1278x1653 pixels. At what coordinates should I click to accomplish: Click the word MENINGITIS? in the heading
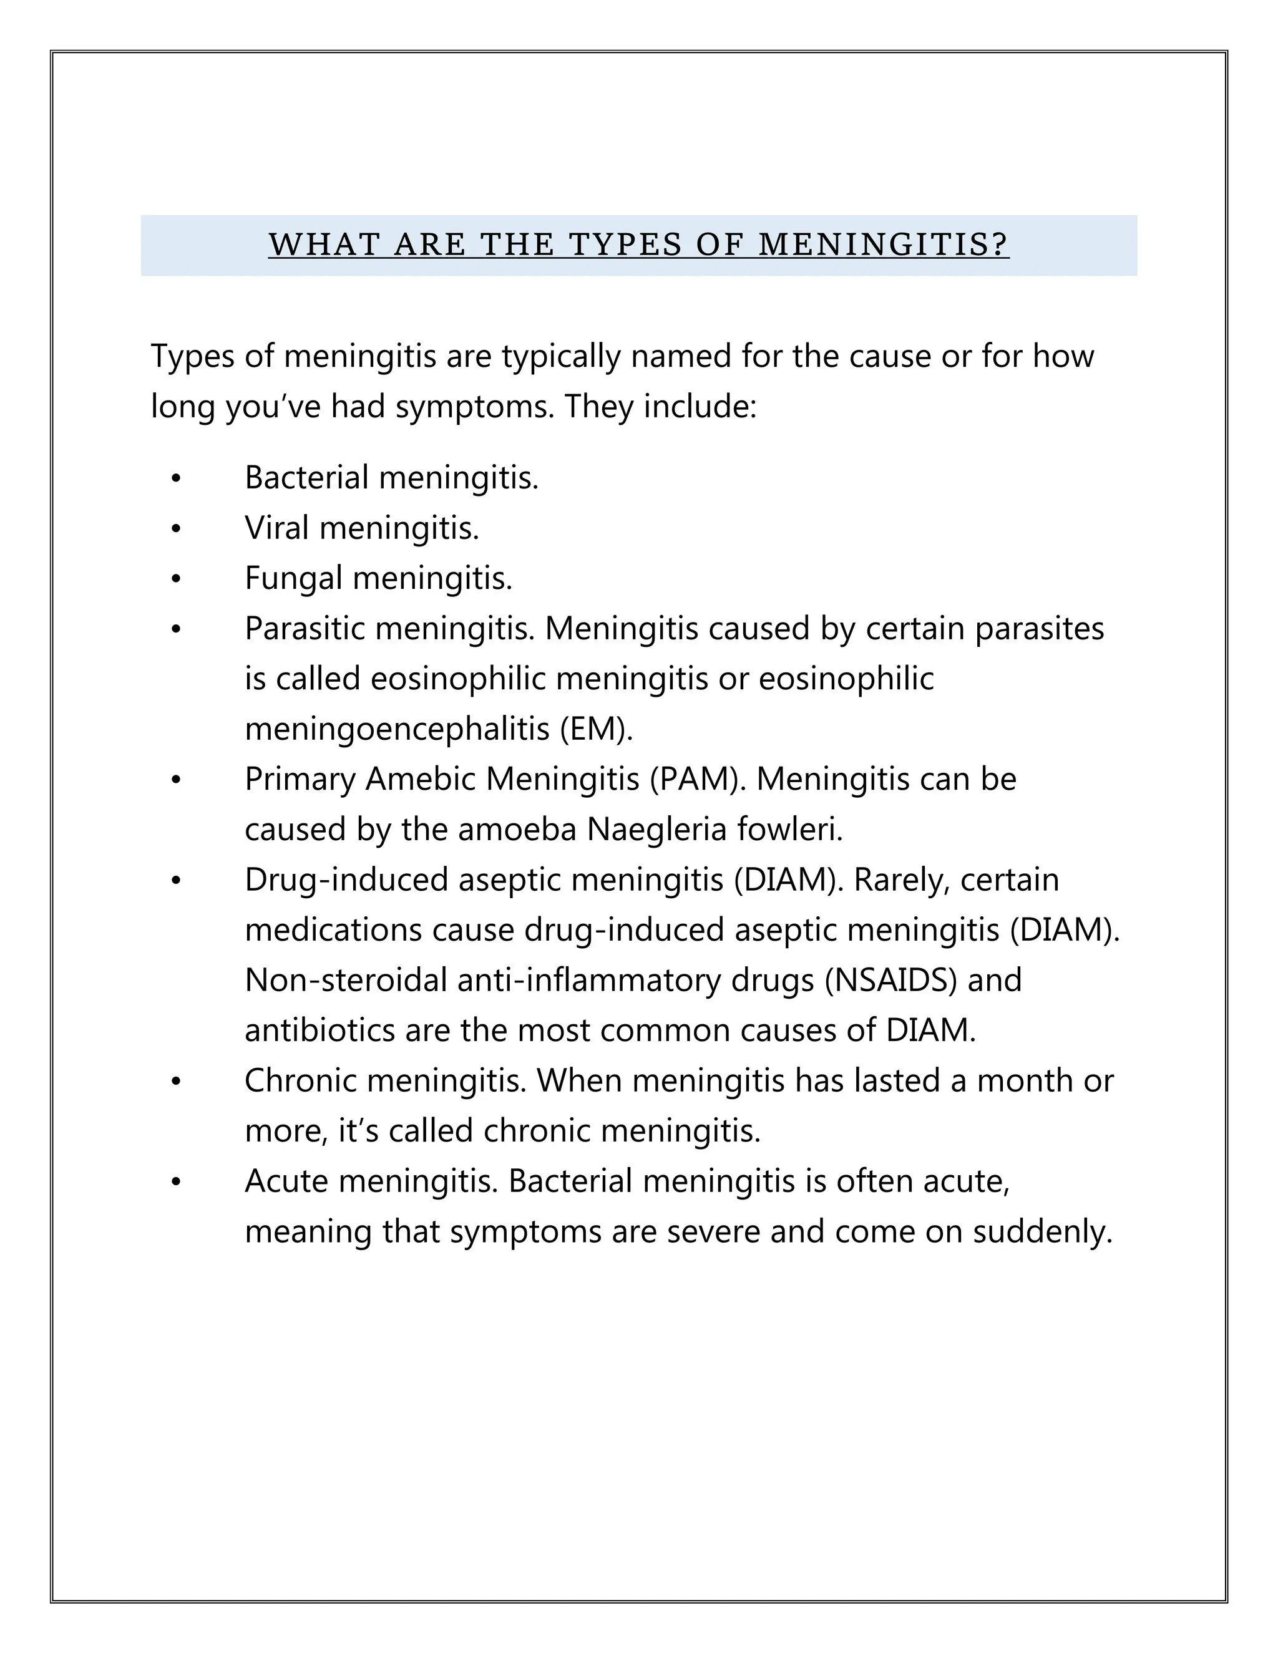click(883, 245)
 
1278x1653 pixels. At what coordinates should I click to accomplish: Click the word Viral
click(276, 528)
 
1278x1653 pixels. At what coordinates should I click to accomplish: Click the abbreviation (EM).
click(596, 729)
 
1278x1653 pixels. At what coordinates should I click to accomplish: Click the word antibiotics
click(319, 1030)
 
